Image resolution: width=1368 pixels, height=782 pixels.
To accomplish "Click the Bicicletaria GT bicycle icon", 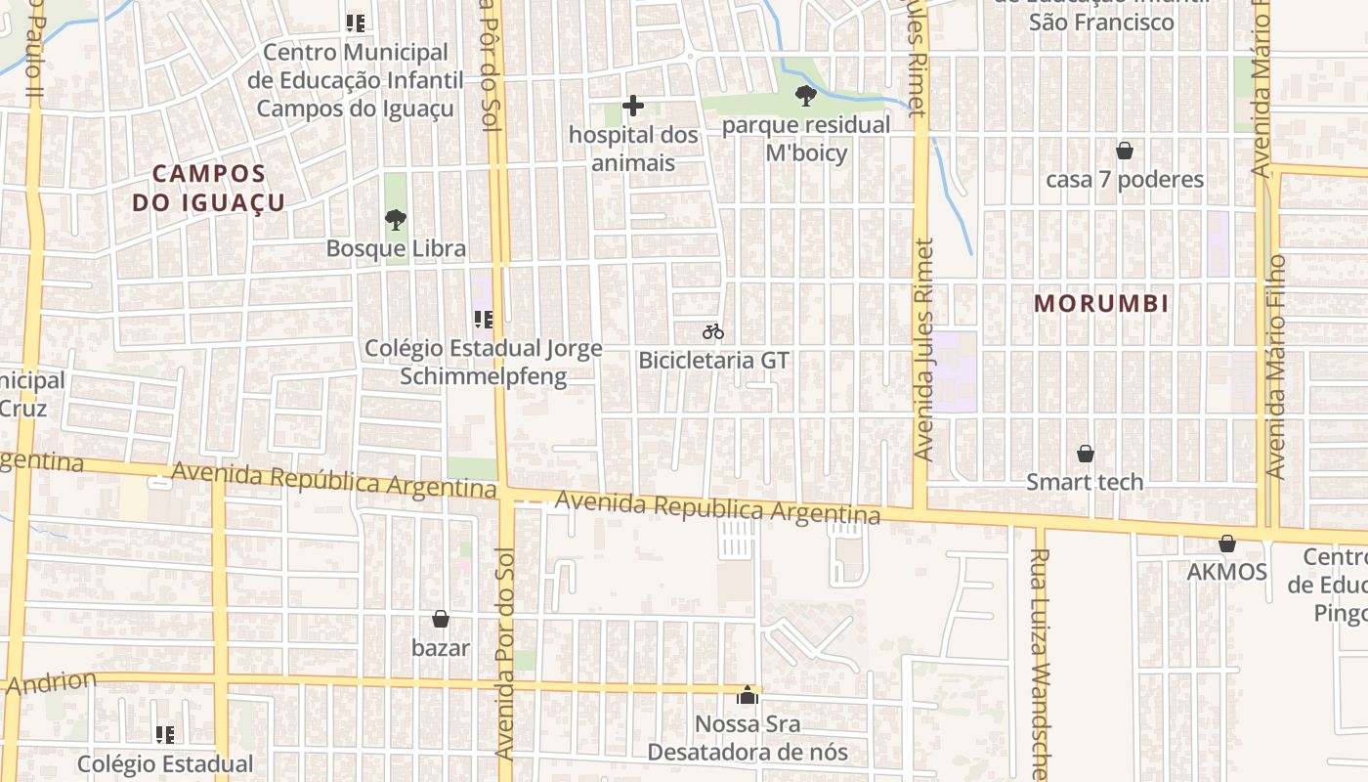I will (x=713, y=332).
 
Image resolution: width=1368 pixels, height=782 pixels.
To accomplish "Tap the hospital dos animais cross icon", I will (x=633, y=105).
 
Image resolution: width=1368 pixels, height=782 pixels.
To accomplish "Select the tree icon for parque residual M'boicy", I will (x=806, y=96).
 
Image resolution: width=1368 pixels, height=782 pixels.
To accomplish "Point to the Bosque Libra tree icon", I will (x=396, y=220).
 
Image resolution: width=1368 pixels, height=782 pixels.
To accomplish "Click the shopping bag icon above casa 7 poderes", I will (x=1125, y=151).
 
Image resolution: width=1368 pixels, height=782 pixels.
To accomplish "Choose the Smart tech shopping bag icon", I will (x=1085, y=454).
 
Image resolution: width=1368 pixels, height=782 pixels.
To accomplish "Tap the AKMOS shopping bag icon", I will (x=1227, y=543).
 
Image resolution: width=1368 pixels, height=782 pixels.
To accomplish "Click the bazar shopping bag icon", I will (x=441, y=619).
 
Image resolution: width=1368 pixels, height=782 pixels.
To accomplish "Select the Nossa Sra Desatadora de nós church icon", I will (x=748, y=695).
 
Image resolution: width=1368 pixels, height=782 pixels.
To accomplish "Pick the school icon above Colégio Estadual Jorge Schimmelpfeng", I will (x=483, y=319).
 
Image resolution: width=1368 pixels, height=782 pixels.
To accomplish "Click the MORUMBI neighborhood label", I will (x=1101, y=303).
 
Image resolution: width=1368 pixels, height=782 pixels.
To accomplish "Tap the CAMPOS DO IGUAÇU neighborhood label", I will (x=208, y=188).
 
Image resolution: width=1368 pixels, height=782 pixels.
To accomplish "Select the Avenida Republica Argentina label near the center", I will (x=717, y=507).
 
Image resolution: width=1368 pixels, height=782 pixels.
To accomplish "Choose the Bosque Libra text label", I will (x=396, y=248).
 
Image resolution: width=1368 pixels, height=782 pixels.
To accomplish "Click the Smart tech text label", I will (x=1085, y=482).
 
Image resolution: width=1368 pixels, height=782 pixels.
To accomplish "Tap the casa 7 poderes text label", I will (x=1125, y=180).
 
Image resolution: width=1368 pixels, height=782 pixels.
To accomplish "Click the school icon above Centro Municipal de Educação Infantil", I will (x=356, y=22).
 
